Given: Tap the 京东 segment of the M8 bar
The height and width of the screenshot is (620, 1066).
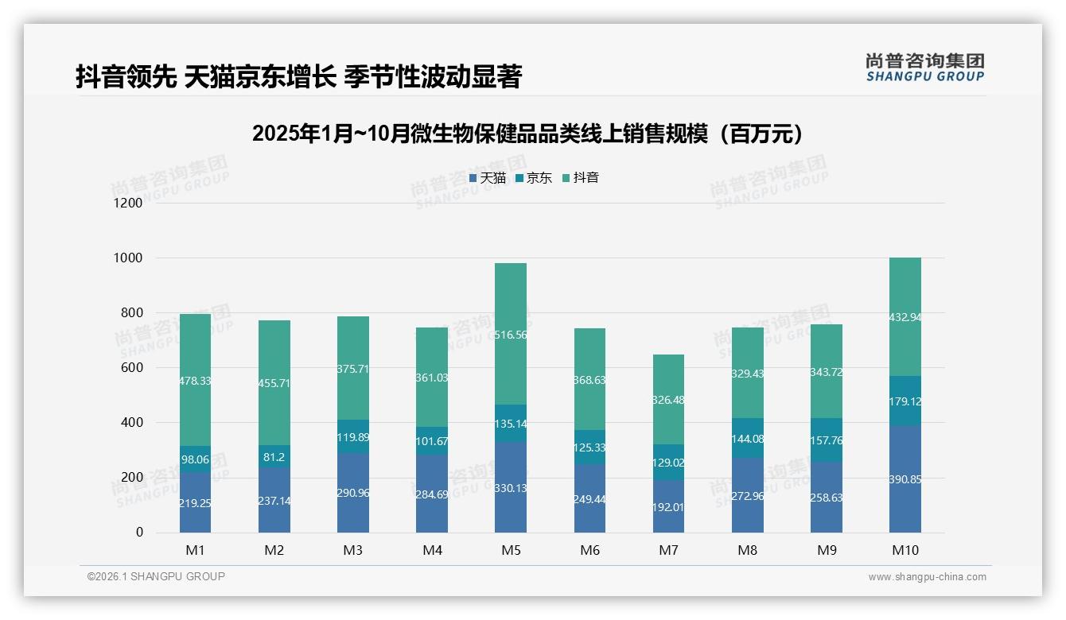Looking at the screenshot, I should tap(748, 438).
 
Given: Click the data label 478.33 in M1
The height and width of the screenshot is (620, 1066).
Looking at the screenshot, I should tap(195, 382).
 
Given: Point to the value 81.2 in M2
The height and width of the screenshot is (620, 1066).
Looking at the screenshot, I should tap(274, 457).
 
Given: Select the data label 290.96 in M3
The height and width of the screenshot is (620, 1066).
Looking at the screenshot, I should tap(353, 493).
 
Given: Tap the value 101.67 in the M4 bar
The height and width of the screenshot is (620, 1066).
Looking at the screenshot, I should tap(432, 442).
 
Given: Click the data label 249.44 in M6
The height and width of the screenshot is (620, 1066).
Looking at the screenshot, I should tap(589, 498).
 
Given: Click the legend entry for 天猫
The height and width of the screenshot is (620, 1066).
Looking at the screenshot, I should tap(487, 178).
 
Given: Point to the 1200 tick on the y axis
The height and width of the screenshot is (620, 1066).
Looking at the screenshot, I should tap(128, 203).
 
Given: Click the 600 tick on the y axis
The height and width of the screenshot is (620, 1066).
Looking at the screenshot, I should tap(132, 368).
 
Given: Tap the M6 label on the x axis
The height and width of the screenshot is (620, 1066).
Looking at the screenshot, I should tap(589, 550).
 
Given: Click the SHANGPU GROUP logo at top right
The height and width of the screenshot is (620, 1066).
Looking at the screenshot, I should tap(924, 68).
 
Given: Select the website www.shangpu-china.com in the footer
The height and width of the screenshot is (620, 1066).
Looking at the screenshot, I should tap(927, 577).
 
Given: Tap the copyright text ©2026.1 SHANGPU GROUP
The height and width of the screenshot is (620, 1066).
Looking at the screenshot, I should tap(156, 576).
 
